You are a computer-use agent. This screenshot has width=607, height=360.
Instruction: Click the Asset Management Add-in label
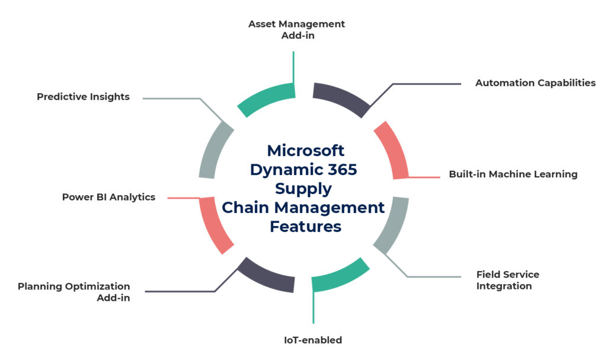(x=296, y=30)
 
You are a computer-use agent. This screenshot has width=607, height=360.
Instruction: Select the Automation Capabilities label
(x=535, y=83)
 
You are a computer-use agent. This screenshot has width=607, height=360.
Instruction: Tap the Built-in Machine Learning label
(x=513, y=174)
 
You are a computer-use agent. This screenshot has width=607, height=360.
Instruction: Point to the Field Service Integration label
(x=507, y=281)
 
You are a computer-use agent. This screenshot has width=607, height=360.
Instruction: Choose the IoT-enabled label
(x=312, y=340)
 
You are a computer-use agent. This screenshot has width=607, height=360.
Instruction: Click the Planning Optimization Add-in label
(x=74, y=292)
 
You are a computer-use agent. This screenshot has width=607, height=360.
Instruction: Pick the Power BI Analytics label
(x=108, y=197)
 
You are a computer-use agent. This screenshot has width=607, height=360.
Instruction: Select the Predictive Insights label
(x=83, y=97)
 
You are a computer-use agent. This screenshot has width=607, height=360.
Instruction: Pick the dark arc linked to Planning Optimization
(x=267, y=276)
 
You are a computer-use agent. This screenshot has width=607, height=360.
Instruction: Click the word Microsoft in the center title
(x=305, y=151)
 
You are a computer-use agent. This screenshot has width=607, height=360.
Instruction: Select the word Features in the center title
(x=305, y=227)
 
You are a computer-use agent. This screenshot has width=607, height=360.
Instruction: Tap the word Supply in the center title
(x=303, y=189)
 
